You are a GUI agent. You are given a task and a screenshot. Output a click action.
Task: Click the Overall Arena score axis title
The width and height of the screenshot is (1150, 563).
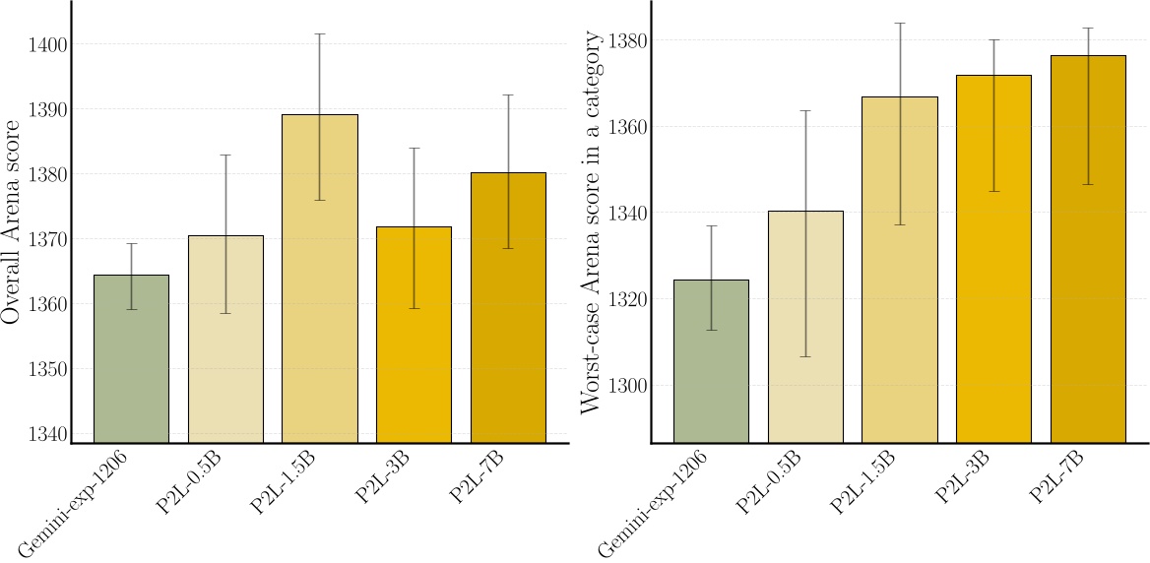point(12,222)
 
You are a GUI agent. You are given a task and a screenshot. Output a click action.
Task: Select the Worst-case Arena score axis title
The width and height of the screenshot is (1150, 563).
point(592,222)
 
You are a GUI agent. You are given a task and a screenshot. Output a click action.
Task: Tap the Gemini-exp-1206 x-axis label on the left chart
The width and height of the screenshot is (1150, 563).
point(75,502)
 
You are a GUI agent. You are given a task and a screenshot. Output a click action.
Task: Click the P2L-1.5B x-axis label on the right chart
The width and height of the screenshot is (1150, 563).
point(863,482)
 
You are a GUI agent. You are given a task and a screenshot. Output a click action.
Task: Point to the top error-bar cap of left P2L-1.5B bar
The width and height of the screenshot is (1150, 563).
point(319,34)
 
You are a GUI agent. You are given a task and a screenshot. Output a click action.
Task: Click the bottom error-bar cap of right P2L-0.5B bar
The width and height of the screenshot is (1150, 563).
point(805,356)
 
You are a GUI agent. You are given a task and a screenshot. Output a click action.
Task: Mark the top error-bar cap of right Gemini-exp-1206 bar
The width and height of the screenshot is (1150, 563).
point(711,226)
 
